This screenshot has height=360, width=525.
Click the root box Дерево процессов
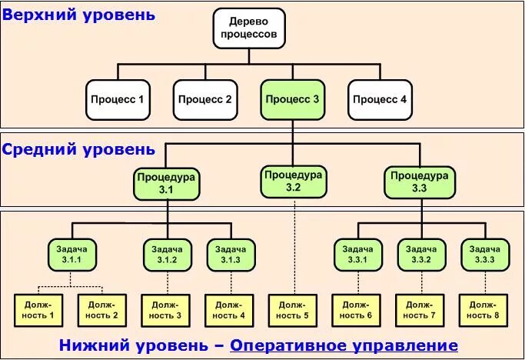(248, 28)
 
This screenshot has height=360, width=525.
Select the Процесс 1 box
(118, 99)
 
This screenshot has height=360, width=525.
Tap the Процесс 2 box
(204, 99)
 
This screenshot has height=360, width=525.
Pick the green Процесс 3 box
(291, 99)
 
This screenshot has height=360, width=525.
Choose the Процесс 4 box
(379, 99)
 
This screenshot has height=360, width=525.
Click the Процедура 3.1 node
(167, 183)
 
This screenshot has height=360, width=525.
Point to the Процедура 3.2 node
(293, 181)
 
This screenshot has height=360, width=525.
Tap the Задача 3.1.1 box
(72, 255)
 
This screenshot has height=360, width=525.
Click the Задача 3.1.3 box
(231, 255)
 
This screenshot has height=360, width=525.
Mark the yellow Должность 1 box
(41, 309)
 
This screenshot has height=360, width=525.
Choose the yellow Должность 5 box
(293, 309)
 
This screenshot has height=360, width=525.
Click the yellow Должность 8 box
(483, 309)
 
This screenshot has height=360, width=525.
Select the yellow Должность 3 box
(167, 309)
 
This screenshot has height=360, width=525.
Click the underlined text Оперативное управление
(344, 345)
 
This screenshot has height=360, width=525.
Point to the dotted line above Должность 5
(293, 246)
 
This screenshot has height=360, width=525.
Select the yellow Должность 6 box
(357, 309)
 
